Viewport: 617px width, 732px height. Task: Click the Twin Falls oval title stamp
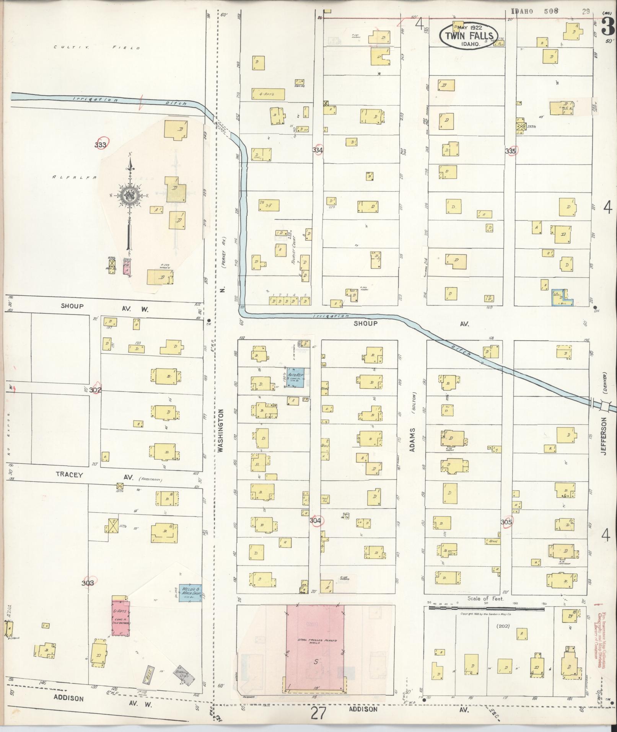469,36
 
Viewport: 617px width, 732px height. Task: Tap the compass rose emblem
130,196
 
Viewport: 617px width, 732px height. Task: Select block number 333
101,145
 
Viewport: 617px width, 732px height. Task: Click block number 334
317,150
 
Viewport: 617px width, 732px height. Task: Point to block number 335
510,151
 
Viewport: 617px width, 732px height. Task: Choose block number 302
96,390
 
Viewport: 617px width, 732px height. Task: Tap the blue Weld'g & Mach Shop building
190,604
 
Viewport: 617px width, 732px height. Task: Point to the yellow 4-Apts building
268,94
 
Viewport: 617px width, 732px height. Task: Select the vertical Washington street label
220,430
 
